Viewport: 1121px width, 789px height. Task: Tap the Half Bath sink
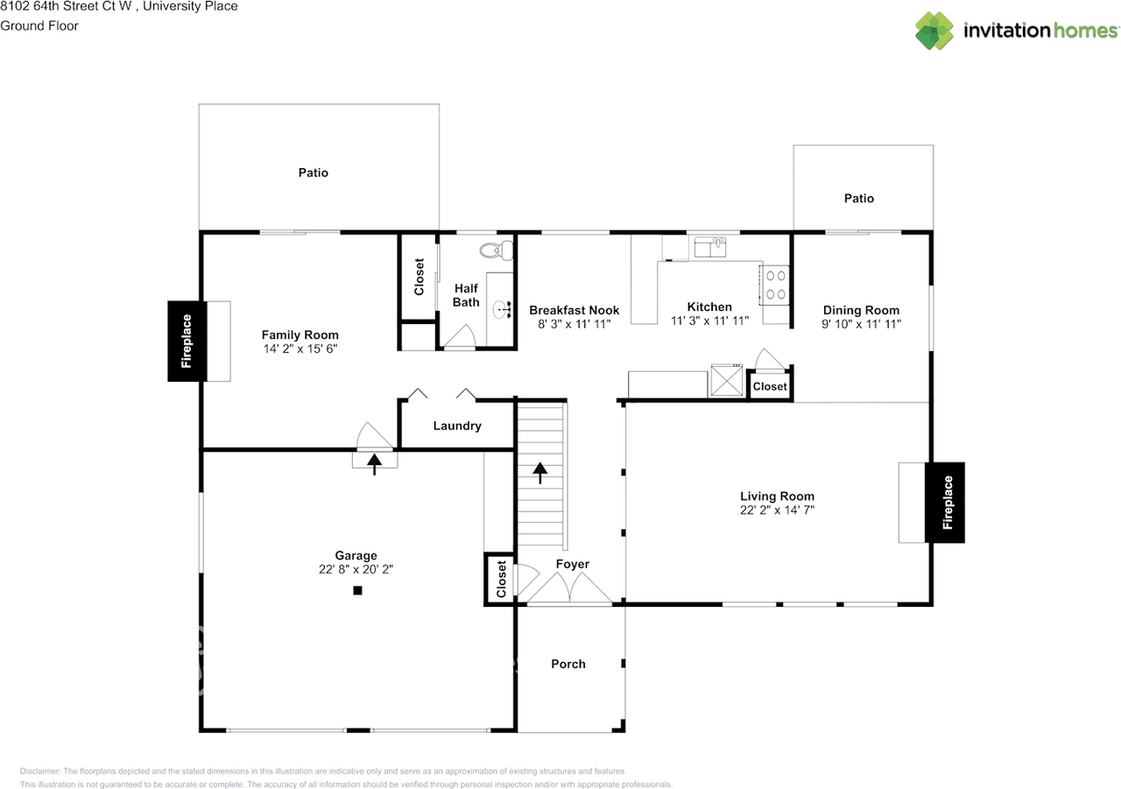[504, 309]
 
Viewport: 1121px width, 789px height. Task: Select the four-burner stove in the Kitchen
[775, 285]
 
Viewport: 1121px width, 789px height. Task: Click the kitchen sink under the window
[709, 248]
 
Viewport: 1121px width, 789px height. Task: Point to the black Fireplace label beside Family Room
[187, 342]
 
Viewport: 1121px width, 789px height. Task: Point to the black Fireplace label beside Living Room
[946, 503]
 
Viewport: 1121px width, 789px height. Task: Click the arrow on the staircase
[540, 472]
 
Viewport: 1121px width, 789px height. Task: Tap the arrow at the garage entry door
[375, 462]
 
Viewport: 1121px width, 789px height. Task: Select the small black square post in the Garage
[357, 591]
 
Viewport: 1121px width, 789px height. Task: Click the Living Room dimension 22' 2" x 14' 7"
[777, 510]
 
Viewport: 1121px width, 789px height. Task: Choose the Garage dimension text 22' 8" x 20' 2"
[356, 568]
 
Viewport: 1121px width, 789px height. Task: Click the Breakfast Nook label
[574, 310]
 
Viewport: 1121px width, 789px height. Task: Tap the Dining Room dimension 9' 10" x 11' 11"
[861, 323]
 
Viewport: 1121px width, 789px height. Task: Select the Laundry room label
[457, 426]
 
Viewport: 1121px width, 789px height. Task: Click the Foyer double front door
[569, 590]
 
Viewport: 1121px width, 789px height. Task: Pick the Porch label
[568, 664]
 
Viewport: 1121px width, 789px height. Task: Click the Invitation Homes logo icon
[936, 31]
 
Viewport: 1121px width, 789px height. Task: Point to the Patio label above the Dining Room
[858, 198]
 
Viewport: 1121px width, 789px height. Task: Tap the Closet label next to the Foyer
[501, 579]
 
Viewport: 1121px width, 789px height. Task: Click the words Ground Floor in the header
[39, 25]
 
